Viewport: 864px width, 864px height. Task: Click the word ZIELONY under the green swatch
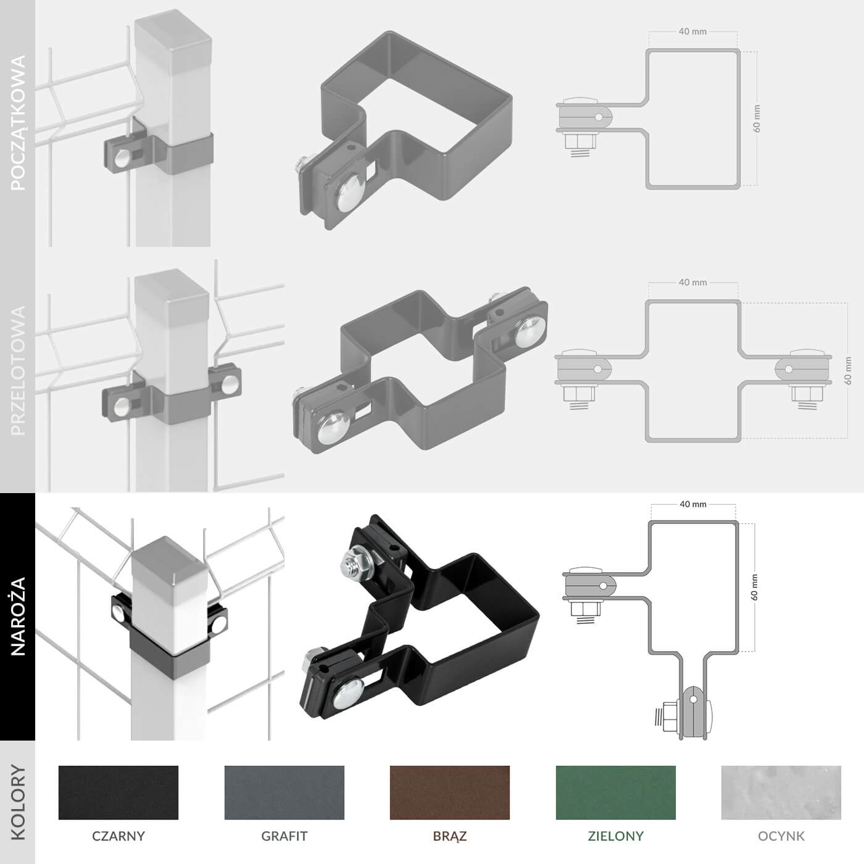tap(616, 836)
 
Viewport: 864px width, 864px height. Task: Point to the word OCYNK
tap(781, 836)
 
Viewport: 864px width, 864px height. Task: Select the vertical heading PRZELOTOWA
tap(18, 370)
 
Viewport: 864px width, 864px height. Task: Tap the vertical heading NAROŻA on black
tap(18, 617)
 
